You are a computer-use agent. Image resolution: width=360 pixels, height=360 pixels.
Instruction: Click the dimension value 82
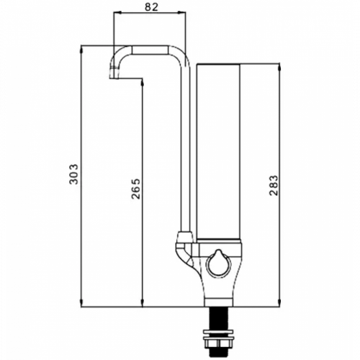tap(152, 7)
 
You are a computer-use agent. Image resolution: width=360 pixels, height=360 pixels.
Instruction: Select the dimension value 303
tap(73, 174)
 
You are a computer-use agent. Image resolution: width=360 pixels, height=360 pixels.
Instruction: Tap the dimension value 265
tap(136, 189)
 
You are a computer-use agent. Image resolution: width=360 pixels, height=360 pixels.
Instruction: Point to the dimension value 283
tap(273, 185)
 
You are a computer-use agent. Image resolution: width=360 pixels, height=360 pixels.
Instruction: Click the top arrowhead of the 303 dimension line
tap(81, 49)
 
